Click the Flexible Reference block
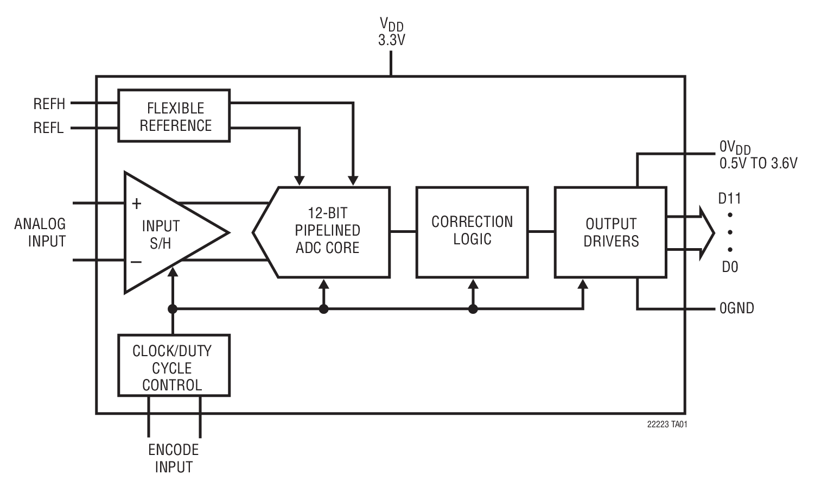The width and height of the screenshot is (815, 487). [x=174, y=116]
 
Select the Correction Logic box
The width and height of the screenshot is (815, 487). [x=472, y=232]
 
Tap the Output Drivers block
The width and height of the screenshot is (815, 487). [x=610, y=232]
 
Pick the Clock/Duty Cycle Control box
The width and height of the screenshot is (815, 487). [x=174, y=365]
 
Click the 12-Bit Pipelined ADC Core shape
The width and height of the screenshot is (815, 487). [x=327, y=232]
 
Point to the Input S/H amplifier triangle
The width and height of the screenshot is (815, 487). [x=163, y=233]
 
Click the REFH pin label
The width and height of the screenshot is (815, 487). [x=49, y=103]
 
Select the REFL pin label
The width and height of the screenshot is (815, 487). [x=48, y=128]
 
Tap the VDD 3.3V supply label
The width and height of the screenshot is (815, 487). [x=391, y=31]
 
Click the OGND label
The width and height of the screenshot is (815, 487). [x=736, y=308]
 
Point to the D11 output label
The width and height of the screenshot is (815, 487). [x=729, y=199]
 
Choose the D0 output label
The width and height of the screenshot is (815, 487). [x=729, y=267]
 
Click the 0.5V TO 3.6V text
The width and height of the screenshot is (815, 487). [x=758, y=163]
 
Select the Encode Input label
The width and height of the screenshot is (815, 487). [x=174, y=458]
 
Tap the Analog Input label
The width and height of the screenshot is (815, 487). [x=41, y=232]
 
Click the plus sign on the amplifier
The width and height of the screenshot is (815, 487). [x=137, y=204]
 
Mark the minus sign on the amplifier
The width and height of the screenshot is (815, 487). [x=136, y=263]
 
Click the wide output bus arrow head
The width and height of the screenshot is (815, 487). [x=707, y=232]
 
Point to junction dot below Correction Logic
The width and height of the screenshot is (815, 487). [x=473, y=309]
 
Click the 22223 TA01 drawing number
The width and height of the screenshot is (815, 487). [x=667, y=425]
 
